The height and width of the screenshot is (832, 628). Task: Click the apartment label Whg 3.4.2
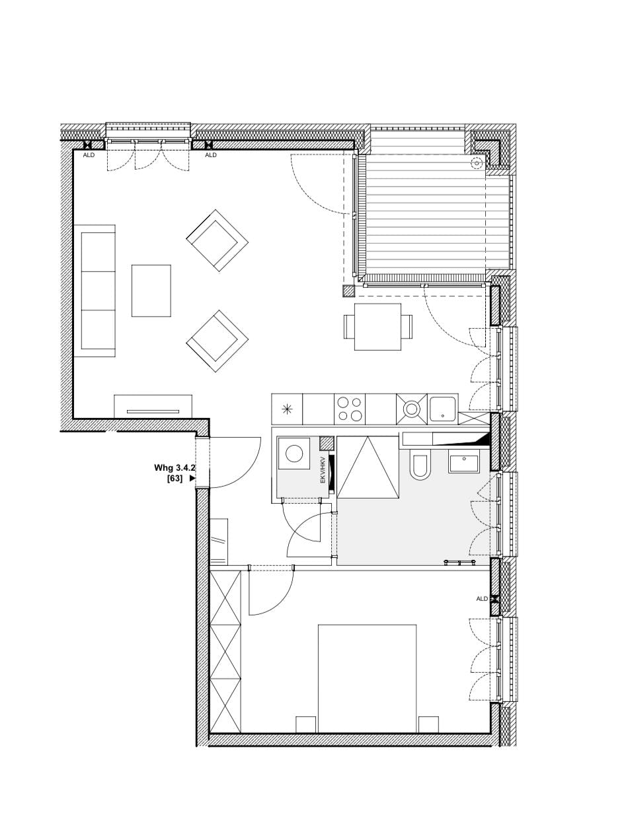[x=174, y=468]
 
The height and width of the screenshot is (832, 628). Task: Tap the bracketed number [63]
[x=175, y=478]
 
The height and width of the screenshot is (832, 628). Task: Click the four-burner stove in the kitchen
[x=349, y=409]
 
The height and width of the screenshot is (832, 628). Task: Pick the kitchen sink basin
[x=442, y=408]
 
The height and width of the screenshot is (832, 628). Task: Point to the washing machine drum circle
[x=294, y=454]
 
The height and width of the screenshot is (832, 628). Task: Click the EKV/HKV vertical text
[x=323, y=469]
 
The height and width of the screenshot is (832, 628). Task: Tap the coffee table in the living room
[x=151, y=291]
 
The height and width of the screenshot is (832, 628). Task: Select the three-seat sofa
[x=95, y=291]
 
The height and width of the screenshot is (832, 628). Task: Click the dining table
[x=377, y=327]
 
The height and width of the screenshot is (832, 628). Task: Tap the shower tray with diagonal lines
[x=368, y=467]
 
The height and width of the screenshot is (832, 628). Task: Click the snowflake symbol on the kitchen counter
[x=287, y=409]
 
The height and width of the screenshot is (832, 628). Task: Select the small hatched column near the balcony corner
[x=348, y=291]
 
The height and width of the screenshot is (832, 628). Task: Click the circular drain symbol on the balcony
[x=476, y=163]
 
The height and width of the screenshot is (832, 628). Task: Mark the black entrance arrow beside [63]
[x=192, y=478]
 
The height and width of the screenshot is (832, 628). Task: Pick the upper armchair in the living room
[x=217, y=240]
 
